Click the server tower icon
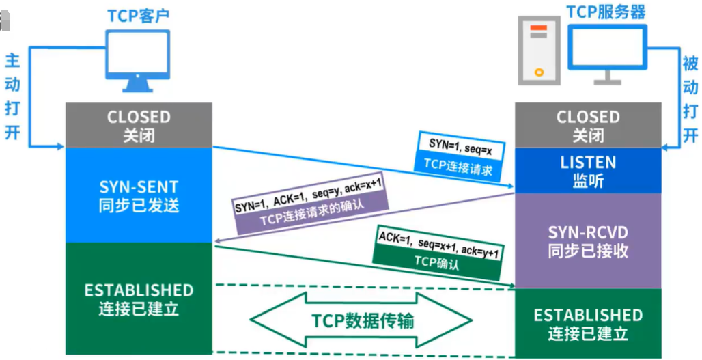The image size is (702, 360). point(539,51)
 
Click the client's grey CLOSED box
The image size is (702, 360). point(139,126)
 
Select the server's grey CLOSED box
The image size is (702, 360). point(588,126)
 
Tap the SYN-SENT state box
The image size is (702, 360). point(139,195)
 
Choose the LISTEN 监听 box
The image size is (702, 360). point(588,171)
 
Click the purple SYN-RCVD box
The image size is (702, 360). point(588,240)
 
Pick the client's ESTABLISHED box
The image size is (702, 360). point(139,299)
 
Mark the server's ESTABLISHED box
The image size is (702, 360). point(588,324)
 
